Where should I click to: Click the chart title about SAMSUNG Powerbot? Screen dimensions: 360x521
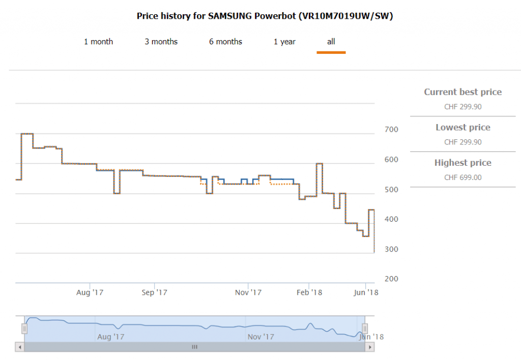(x=265, y=16)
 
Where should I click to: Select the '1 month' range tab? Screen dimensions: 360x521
(x=98, y=42)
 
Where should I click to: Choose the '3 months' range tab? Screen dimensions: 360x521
(x=161, y=42)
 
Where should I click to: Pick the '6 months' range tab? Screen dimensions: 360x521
(x=225, y=42)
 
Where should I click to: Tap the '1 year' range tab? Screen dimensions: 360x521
(x=284, y=42)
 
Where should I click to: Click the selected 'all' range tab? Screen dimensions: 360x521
(x=331, y=42)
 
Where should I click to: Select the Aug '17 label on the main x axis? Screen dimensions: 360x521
(x=90, y=292)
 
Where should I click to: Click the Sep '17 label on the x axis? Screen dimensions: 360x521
(x=154, y=292)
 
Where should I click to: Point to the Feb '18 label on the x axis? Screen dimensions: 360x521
(x=309, y=292)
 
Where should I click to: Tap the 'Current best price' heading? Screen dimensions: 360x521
(x=462, y=92)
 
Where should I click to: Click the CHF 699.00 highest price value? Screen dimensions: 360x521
(x=462, y=177)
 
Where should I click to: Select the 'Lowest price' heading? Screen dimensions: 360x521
(x=462, y=128)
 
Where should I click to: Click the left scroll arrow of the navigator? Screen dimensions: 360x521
(x=20, y=347)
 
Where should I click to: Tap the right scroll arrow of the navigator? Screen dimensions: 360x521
(x=370, y=347)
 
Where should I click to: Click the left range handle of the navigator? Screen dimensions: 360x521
(x=24, y=328)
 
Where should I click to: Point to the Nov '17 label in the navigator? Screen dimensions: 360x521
(x=261, y=337)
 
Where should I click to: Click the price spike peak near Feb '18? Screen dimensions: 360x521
(x=319, y=164)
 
